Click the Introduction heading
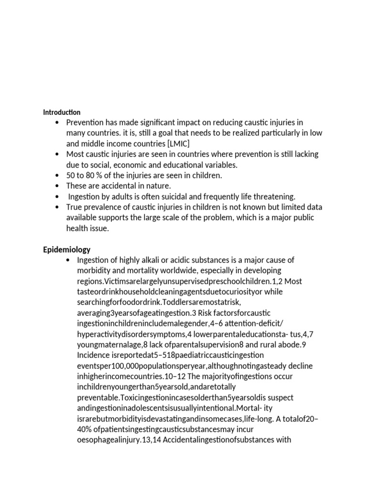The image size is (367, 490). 62,112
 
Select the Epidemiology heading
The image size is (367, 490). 66,250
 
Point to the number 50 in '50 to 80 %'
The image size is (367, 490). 71,175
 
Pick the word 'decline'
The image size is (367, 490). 298,366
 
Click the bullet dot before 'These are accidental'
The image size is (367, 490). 57,186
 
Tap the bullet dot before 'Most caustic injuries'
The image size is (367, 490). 57,154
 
